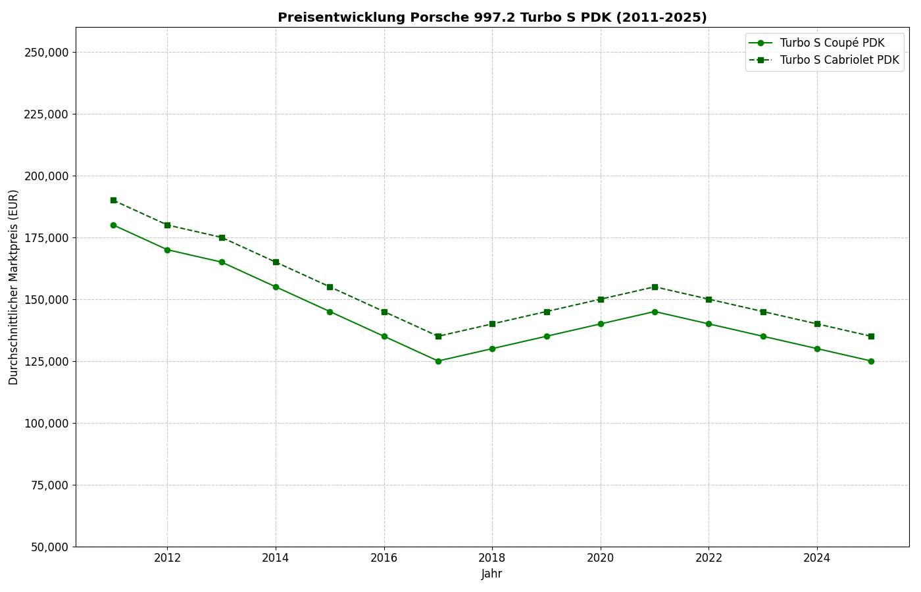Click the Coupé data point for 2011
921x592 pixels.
113,225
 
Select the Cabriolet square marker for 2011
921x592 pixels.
113,200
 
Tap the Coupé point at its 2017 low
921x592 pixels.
438,361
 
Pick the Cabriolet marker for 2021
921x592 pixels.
655,287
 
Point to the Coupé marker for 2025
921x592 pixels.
871,361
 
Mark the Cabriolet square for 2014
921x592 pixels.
276,262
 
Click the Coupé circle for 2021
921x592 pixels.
655,312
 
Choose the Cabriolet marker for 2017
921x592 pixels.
438,336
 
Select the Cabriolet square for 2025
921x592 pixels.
871,336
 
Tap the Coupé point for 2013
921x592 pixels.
222,262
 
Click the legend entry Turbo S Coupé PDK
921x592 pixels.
832,43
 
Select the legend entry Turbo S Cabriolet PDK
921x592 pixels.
839,60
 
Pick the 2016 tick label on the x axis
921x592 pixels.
384,558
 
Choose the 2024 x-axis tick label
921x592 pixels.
817,558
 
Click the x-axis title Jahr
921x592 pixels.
492,574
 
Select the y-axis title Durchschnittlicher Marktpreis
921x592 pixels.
14,287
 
